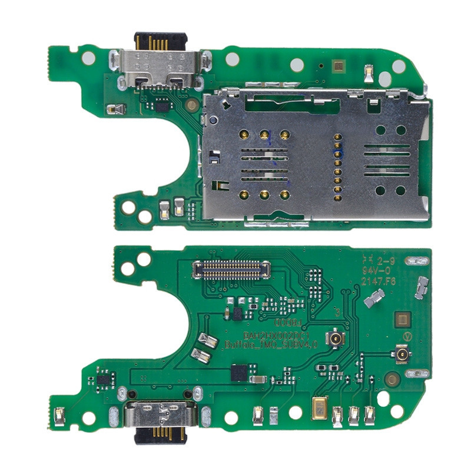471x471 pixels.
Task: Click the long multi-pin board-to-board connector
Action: coord(231,270)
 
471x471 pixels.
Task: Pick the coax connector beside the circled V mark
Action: coord(402,356)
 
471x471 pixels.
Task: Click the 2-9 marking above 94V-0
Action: coord(386,259)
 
